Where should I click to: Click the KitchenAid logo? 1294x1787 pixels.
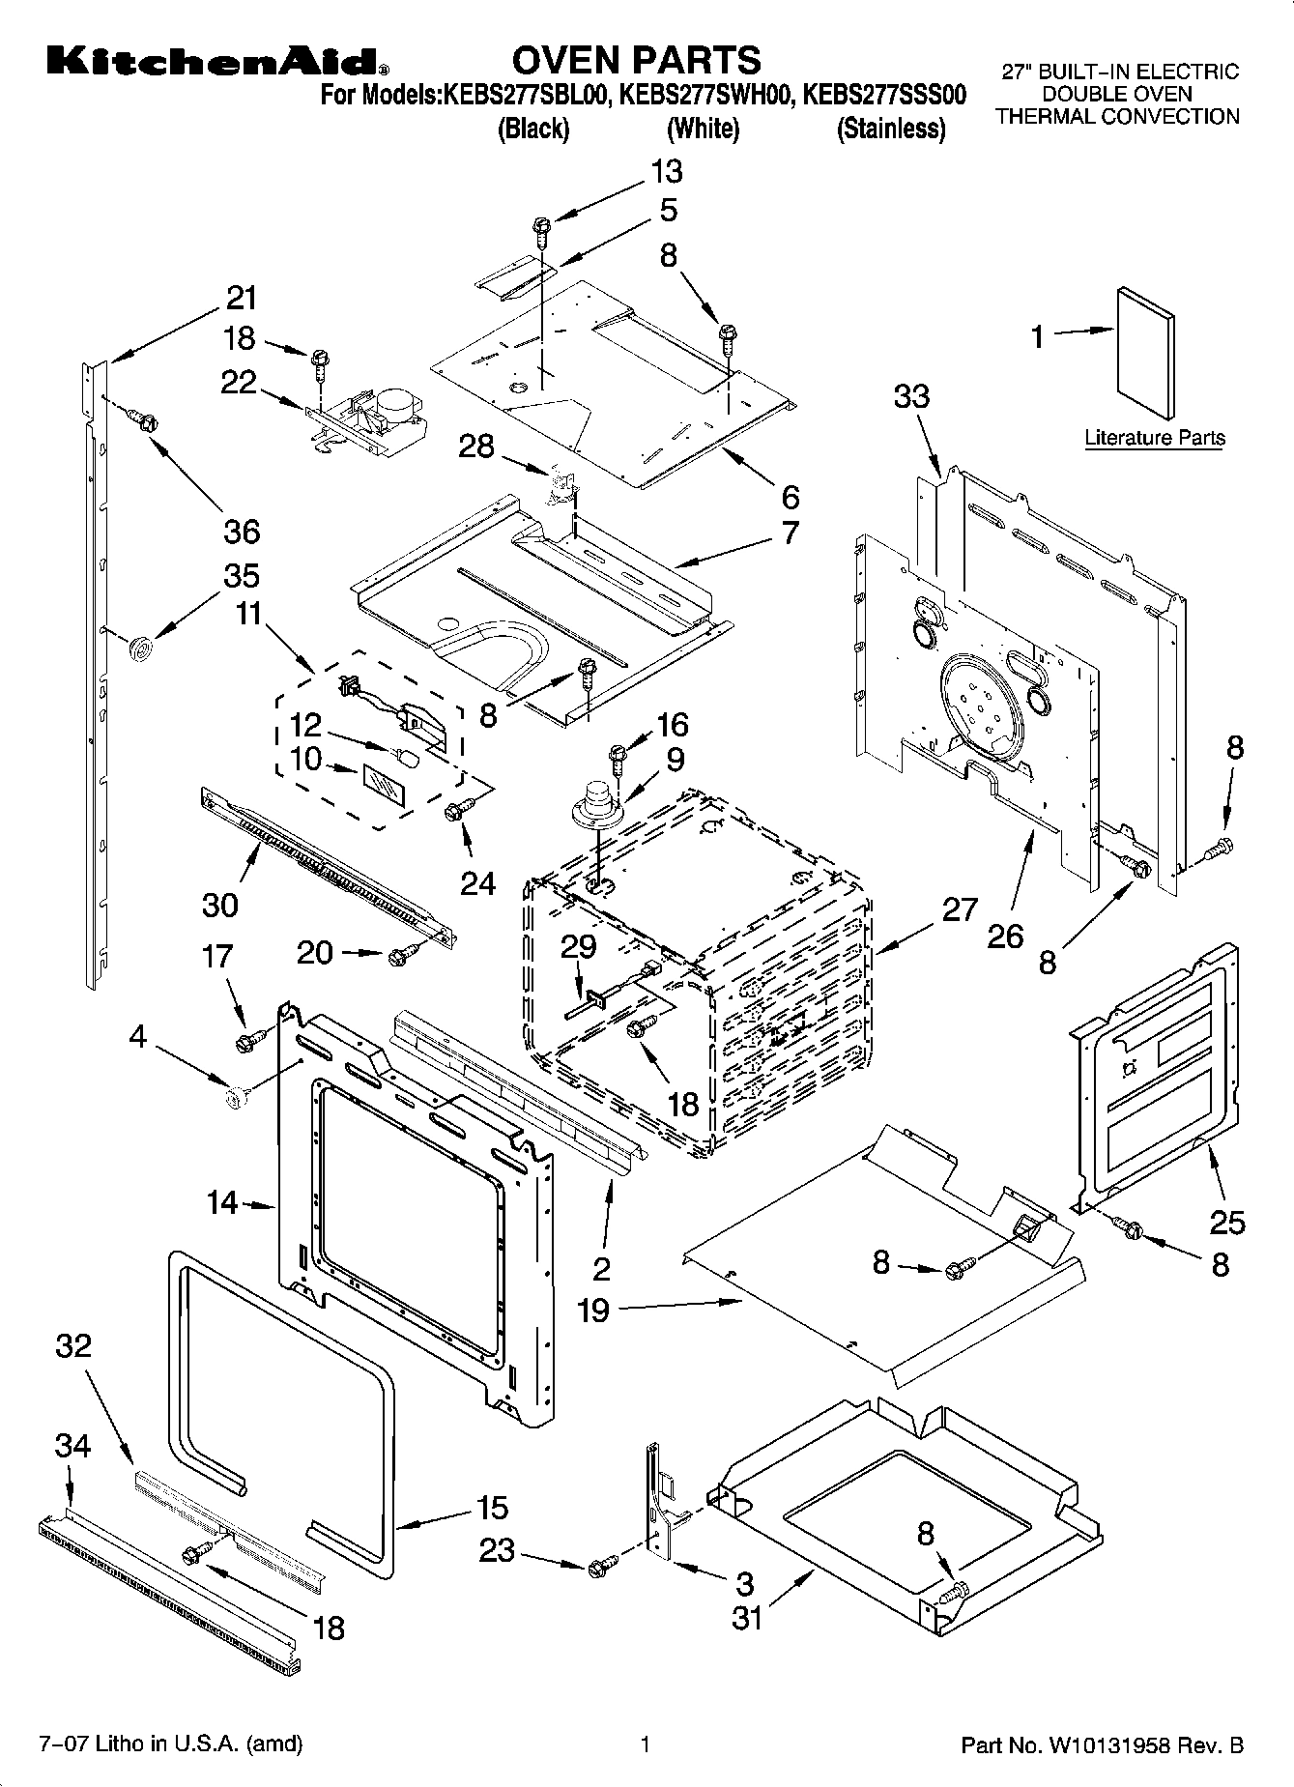(218, 63)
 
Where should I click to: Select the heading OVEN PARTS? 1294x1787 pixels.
(636, 60)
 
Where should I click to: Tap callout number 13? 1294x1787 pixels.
(666, 171)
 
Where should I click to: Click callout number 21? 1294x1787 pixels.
(242, 298)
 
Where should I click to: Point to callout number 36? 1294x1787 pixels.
(242, 531)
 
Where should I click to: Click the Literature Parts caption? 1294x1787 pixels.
(1154, 438)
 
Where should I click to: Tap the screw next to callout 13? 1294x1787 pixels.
(541, 230)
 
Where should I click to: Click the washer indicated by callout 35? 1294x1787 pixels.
(141, 648)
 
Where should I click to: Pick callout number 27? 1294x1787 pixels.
(959, 909)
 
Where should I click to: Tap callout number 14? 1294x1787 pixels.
(221, 1202)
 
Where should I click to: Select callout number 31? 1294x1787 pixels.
(746, 1617)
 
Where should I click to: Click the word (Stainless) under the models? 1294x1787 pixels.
(890, 129)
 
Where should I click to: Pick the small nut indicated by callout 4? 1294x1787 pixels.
(233, 1096)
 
